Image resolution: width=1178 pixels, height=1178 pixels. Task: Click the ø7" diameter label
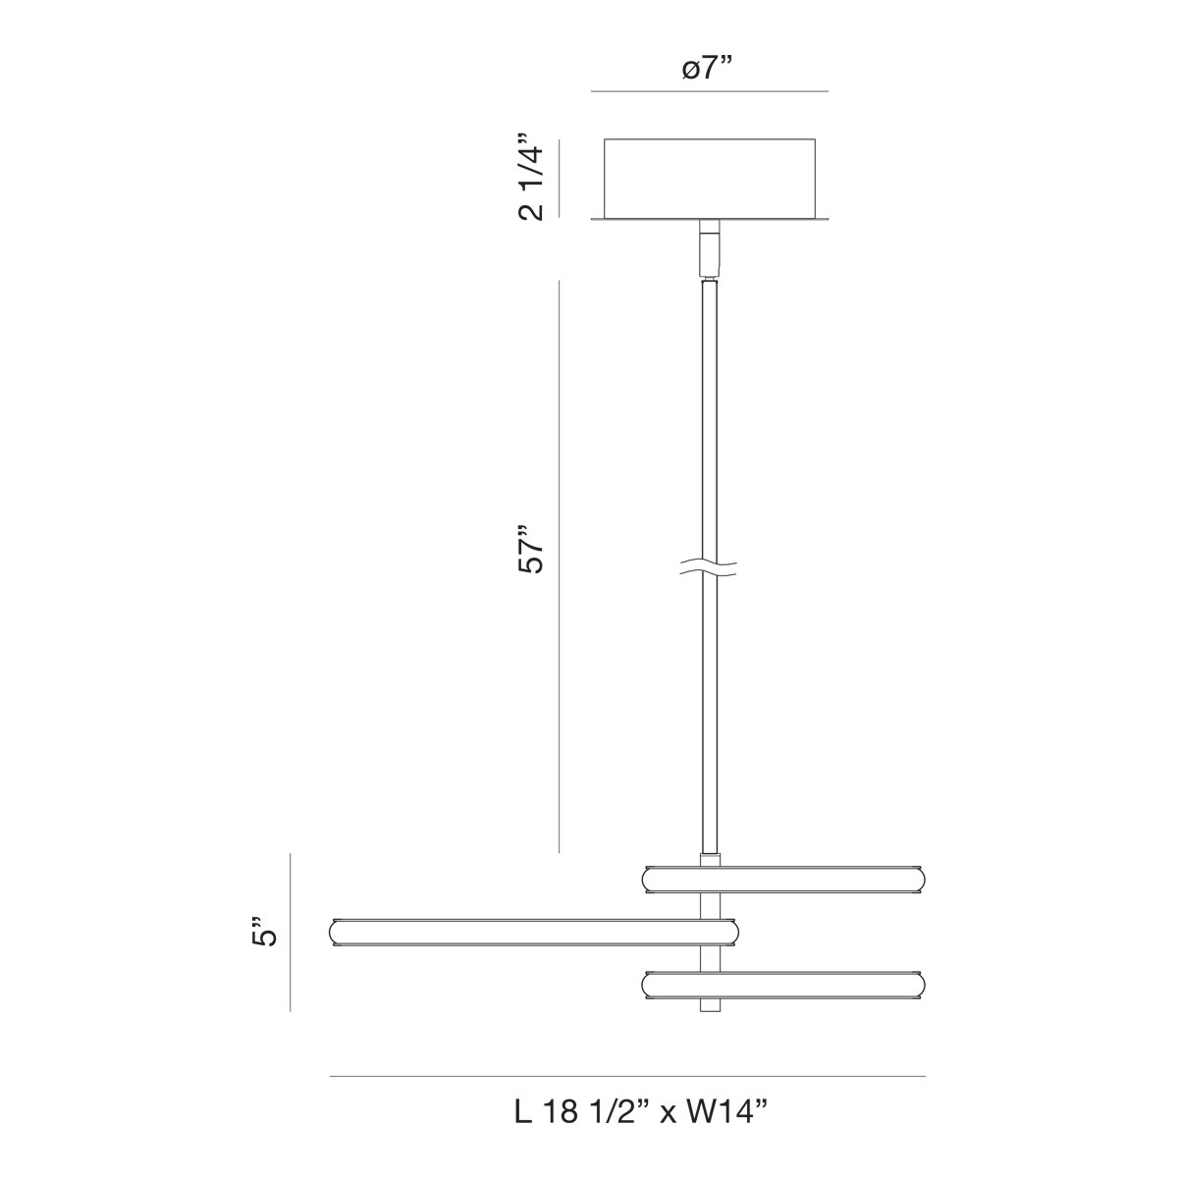[x=707, y=69]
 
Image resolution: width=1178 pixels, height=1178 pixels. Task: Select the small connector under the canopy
[x=710, y=248]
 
